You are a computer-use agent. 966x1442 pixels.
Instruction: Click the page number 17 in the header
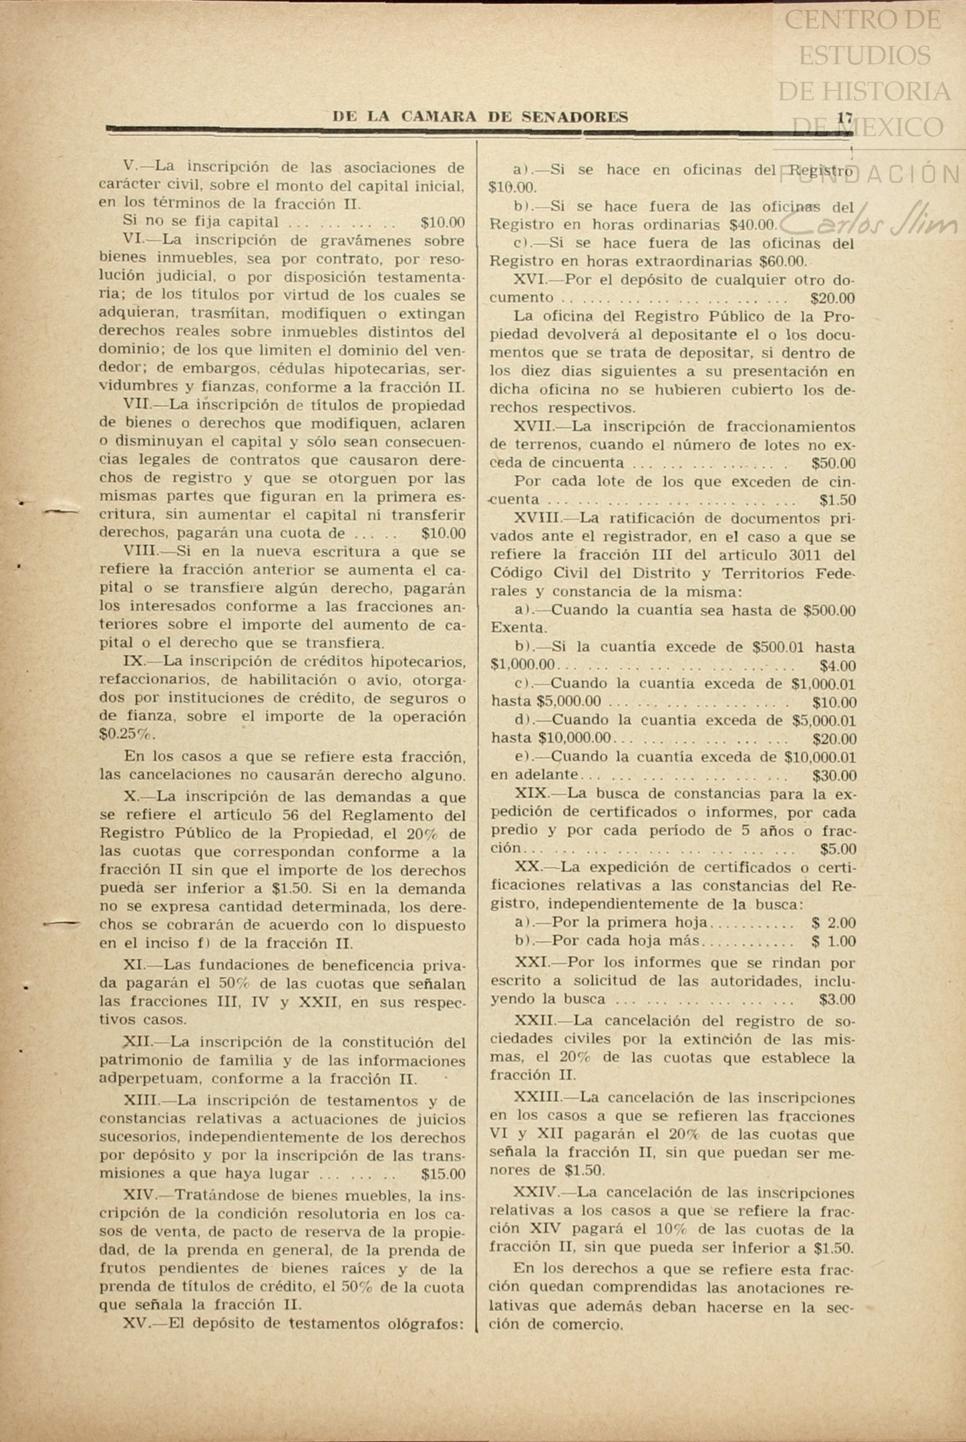[x=844, y=118]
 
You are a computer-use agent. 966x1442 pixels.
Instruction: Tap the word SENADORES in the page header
[x=575, y=118]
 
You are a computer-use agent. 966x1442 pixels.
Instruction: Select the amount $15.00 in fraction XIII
[x=444, y=1174]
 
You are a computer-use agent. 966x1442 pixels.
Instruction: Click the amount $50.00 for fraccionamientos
[x=833, y=463]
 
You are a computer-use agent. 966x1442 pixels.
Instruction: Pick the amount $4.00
[x=838, y=666]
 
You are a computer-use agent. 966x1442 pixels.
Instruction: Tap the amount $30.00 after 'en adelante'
[x=834, y=776]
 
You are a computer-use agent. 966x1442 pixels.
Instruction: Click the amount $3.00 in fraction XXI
[x=837, y=1000]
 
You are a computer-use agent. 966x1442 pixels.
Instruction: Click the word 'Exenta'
[x=518, y=628]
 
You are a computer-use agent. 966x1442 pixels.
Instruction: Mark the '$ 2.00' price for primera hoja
[x=833, y=923]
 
